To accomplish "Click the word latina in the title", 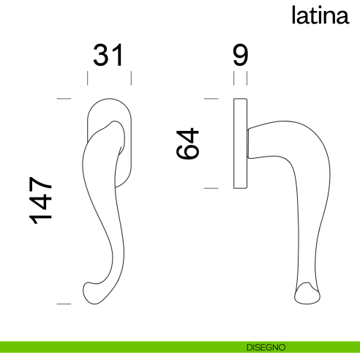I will click(319, 15).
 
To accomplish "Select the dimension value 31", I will click(110, 56).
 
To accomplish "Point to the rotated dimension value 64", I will click(188, 143).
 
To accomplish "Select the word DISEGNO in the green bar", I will click(260, 346).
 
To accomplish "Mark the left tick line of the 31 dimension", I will click(88, 78).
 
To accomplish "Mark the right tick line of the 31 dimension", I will click(132, 78).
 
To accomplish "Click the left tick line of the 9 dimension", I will click(234, 78).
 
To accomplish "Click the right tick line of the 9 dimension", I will click(247, 78).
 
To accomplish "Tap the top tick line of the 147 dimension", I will click(64, 98).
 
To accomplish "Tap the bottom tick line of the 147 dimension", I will click(64, 303).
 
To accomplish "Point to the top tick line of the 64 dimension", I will click(211, 98).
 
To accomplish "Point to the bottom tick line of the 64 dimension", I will click(211, 188).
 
